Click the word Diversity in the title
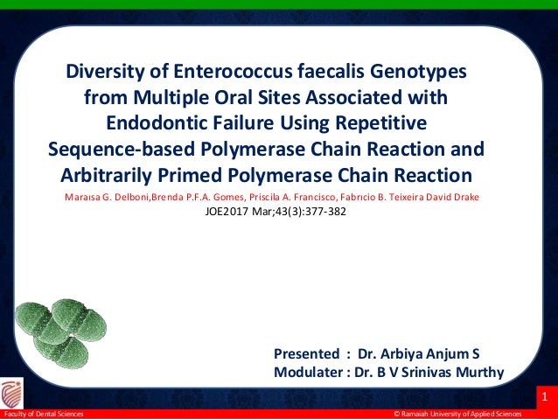click(104, 70)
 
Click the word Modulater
click(308, 372)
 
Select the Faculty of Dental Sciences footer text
click(45, 414)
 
